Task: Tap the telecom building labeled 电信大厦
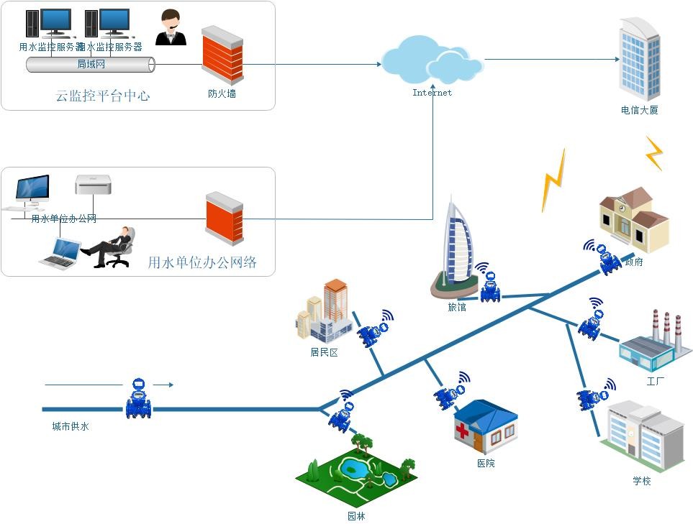[640, 59]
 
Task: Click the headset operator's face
[171, 20]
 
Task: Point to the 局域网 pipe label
[91, 64]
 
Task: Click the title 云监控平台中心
[103, 96]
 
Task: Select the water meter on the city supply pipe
[138, 400]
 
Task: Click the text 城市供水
[71, 426]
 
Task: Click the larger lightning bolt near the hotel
[553, 180]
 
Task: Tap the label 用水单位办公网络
[201, 262]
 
